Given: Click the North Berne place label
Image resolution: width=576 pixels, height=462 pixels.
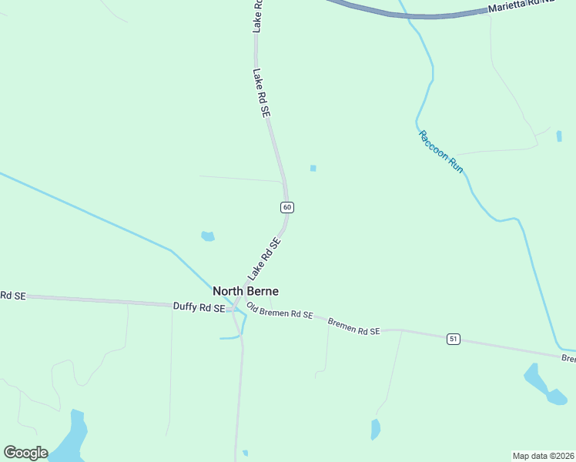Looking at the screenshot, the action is pyautogui.click(x=246, y=291).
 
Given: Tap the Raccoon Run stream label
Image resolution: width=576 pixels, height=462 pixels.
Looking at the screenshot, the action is pyautogui.click(x=441, y=152).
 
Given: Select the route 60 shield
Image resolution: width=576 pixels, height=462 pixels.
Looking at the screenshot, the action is pyautogui.click(x=286, y=207).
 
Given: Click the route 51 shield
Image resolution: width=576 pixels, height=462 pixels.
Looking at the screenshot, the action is pyautogui.click(x=454, y=339).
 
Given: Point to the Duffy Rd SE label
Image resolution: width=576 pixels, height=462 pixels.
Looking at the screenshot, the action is pyautogui.click(x=199, y=306).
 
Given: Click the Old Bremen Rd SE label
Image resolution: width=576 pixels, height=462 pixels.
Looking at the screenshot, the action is pyautogui.click(x=280, y=311).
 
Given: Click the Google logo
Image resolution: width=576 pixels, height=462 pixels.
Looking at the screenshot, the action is pyautogui.click(x=25, y=453).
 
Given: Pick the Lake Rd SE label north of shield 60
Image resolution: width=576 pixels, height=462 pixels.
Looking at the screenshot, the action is pyautogui.click(x=262, y=92).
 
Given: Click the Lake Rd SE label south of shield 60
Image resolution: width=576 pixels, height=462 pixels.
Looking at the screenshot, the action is pyautogui.click(x=264, y=259).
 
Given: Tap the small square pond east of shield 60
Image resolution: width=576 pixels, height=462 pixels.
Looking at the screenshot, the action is pyautogui.click(x=313, y=168).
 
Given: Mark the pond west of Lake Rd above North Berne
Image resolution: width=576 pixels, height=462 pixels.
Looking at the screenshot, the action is pyautogui.click(x=207, y=236).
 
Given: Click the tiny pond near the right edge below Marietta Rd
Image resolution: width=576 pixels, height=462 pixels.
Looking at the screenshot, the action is pyautogui.click(x=558, y=136).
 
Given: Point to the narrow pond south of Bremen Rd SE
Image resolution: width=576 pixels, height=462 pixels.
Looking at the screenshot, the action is pyautogui.click(x=375, y=429).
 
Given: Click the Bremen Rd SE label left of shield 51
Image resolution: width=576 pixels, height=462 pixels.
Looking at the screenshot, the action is pyautogui.click(x=354, y=326).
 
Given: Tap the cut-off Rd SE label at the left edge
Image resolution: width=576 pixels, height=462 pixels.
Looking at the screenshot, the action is pyautogui.click(x=12, y=296).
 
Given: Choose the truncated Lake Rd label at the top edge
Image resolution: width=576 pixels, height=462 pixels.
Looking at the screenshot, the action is pyautogui.click(x=258, y=15).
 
